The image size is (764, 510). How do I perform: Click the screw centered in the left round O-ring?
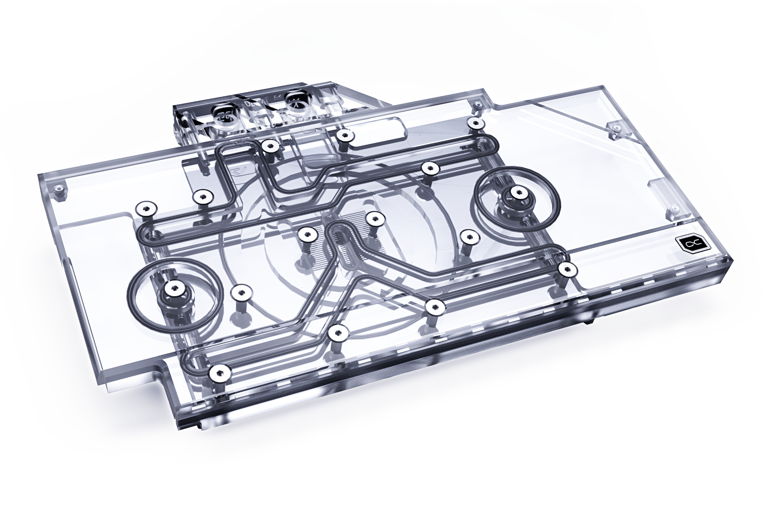(x=175, y=287)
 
